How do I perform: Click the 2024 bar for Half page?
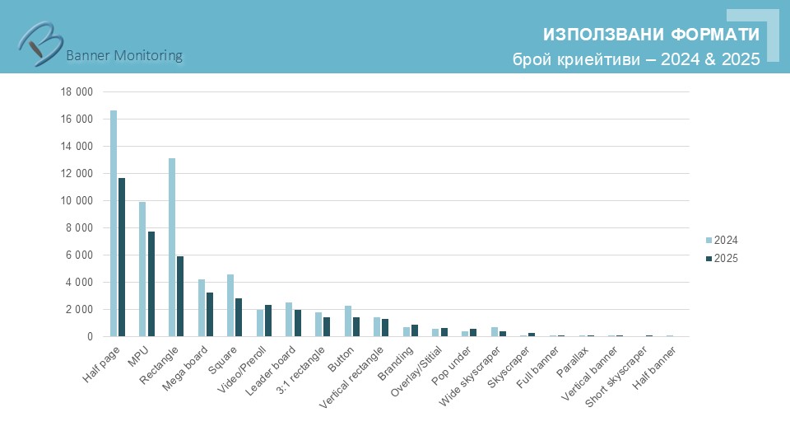tap(114, 223)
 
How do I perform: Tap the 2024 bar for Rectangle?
tap(172, 247)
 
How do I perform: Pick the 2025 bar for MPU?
tap(151, 284)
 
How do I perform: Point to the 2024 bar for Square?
tap(230, 305)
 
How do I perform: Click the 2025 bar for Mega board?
tap(210, 315)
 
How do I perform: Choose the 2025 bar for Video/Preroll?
tap(268, 321)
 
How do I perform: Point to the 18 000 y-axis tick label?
tap(77, 91)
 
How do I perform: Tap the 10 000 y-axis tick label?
tap(77, 200)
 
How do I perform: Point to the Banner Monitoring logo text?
tap(123, 55)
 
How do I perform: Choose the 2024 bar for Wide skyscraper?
tap(495, 332)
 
